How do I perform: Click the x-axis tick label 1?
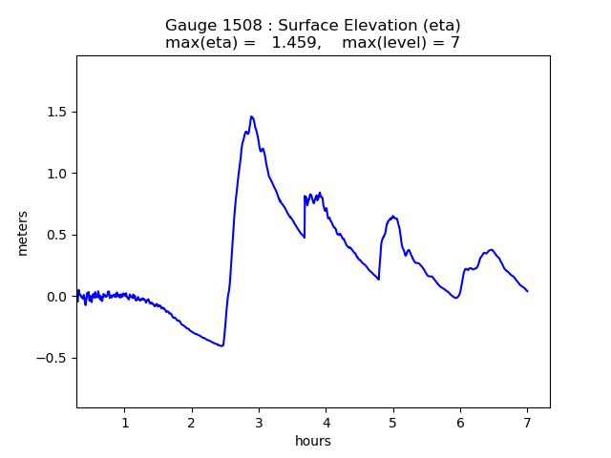[125, 424]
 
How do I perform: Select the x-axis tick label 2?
[192, 424]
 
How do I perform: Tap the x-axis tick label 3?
[259, 424]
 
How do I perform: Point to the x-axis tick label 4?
[326, 424]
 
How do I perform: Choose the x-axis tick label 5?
[392, 424]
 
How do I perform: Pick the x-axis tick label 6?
[460, 424]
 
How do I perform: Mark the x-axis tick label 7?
[527, 424]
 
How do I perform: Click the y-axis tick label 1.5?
[57, 112]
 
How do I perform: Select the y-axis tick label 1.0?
[57, 174]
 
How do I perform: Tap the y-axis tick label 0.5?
[57, 235]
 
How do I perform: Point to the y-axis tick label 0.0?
[57, 297]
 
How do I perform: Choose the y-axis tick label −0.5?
[53, 359]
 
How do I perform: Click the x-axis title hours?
[312, 441]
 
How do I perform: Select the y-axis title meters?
[23, 233]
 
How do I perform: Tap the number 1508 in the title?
[238, 26]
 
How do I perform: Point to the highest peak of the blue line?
[252, 116]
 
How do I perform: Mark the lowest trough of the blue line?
[221, 345]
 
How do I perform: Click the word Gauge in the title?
[189, 26]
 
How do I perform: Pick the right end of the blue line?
[527, 291]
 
